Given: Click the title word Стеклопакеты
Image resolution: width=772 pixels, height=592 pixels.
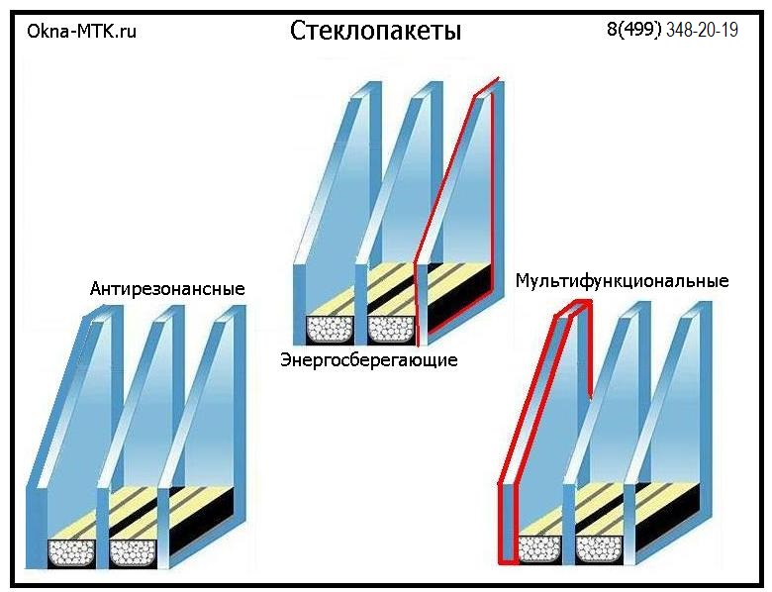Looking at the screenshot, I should coord(376,32).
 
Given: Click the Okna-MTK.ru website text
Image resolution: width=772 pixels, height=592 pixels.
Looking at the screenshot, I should coord(82,32).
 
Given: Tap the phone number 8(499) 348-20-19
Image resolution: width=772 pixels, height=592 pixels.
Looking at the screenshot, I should coord(672,30).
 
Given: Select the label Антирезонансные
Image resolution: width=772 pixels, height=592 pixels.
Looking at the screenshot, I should coord(167,289).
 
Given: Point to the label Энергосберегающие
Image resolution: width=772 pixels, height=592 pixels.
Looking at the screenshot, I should coord(369,360).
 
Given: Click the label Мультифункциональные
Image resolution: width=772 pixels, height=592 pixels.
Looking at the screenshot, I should coord(622,281).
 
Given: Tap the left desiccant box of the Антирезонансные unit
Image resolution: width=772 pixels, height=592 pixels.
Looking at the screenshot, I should coord(71,553).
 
